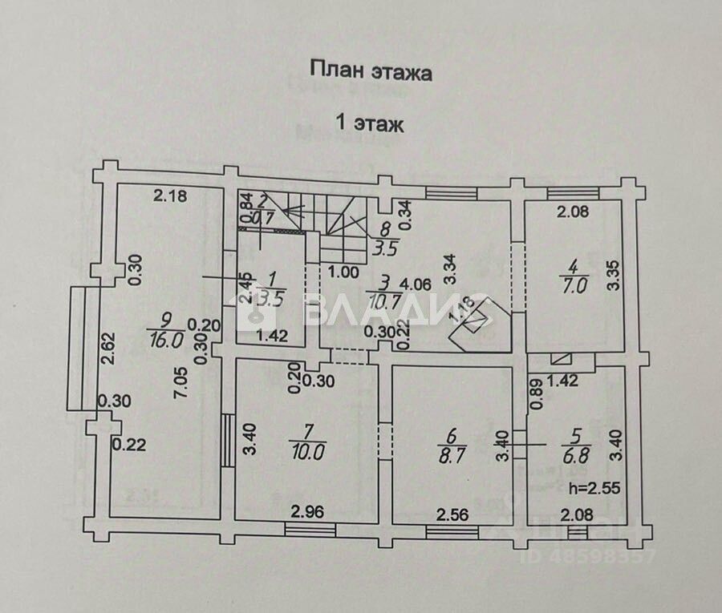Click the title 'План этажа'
click(x=371, y=72)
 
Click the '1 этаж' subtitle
click(x=369, y=123)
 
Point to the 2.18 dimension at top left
click(x=171, y=194)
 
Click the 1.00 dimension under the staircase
click(x=344, y=272)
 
